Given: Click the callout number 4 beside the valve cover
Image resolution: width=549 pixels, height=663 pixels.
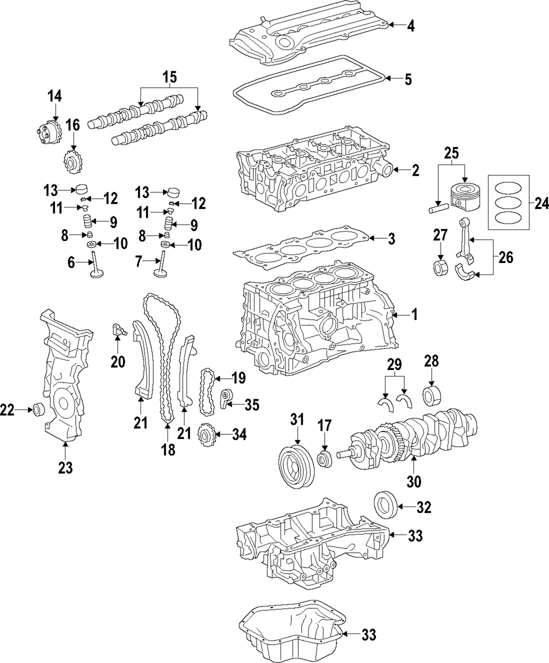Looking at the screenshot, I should click(x=411, y=25).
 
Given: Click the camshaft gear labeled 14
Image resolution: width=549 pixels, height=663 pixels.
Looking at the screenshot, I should click(x=49, y=131).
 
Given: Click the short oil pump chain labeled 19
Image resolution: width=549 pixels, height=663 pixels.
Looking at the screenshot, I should click(x=207, y=392).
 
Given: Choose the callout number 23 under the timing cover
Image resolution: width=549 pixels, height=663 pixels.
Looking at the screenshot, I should click(x=65, y=468).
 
